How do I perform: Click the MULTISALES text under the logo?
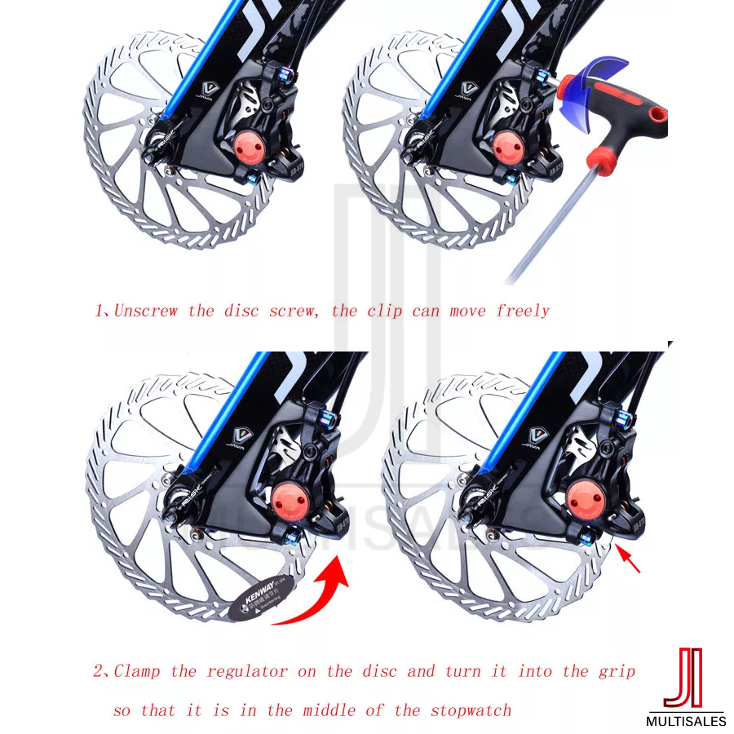point(685,721)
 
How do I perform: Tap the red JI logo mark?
point(683,678)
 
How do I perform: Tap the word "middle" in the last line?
point(332,710)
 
